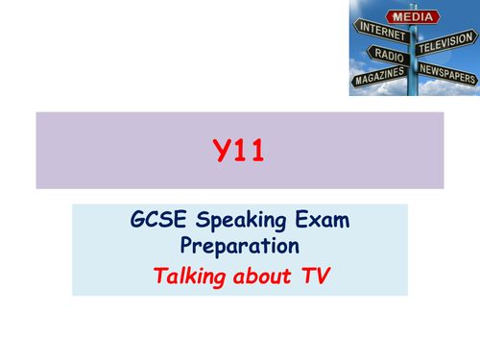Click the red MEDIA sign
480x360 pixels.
pyautogui.click(x=414, y=17)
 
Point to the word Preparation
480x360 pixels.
pyautogui.click(x=239, y=245)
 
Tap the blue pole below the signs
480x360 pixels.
pyautogui.click(x=413, y=88)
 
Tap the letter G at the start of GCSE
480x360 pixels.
pyautogui.click(x=138, y=220)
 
